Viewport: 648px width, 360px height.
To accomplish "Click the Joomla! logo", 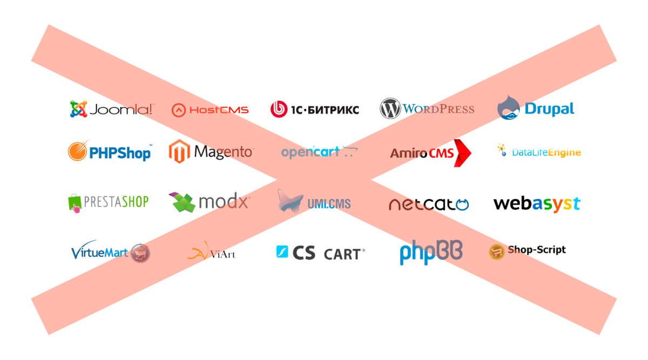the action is [110, 110].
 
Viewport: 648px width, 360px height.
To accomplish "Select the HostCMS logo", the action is [210, 110].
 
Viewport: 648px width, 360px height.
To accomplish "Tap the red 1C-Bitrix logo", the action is [314, 110].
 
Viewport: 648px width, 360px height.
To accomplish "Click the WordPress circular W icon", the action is [390, 108].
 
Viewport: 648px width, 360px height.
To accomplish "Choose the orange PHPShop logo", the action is [110, 152].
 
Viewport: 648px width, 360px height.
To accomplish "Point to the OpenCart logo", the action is [319, 152].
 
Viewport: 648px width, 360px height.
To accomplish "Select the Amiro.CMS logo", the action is [430, 153].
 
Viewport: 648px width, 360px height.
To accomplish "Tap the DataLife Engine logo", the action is [539, 153].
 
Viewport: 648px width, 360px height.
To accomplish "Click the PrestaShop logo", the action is [108, 202].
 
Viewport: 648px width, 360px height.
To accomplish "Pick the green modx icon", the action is [183, 202].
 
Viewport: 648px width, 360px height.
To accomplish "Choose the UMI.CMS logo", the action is [314, 202].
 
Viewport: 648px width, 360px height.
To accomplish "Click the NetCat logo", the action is [429, 204].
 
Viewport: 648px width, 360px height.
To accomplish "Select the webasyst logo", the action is [536, 204].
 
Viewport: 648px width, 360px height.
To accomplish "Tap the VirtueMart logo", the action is [110, 252].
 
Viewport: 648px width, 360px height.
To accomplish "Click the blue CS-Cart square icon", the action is [282, 252].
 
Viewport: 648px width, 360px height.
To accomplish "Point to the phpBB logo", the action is [430, 253].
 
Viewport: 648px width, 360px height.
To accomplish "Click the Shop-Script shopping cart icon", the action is [496, 252].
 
